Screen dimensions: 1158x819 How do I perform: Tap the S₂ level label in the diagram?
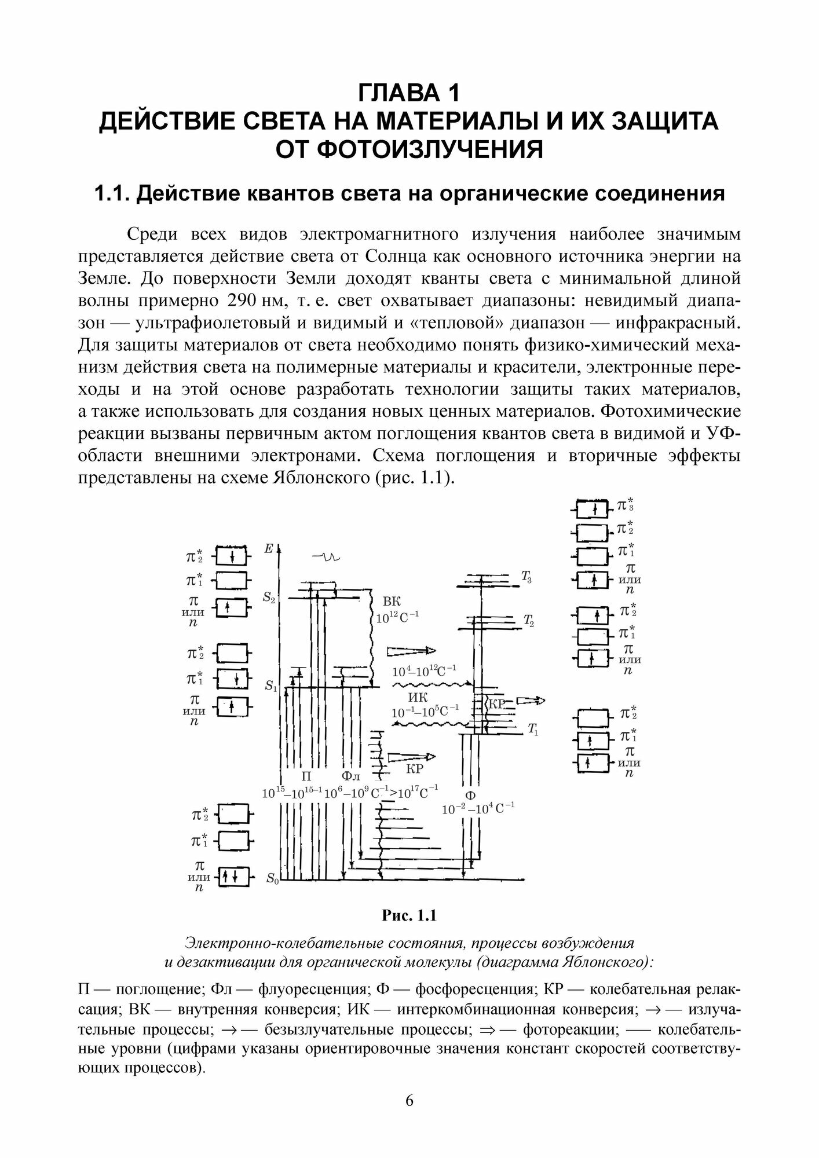(x=269, y=599)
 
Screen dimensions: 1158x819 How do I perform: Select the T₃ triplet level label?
(x=526, y=576)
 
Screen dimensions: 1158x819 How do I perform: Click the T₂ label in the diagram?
(x=528, y=622)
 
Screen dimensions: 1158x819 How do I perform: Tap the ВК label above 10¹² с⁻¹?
(x=392, y=601)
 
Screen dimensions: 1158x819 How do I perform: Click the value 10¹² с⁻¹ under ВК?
(x=397, y=617)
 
